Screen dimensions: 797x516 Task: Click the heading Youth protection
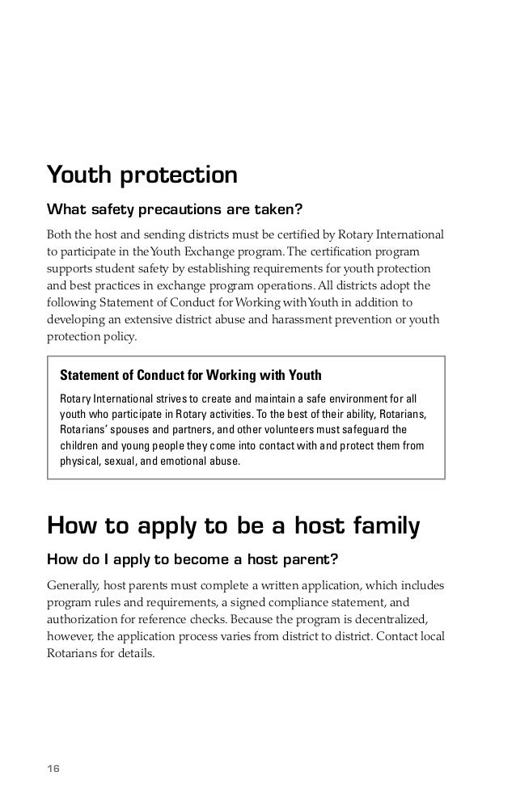(142, 175)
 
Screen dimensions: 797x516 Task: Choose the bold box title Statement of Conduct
(191, 376)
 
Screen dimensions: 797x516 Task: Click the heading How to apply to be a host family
(234, 525)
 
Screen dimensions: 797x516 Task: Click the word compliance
(339, 601)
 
